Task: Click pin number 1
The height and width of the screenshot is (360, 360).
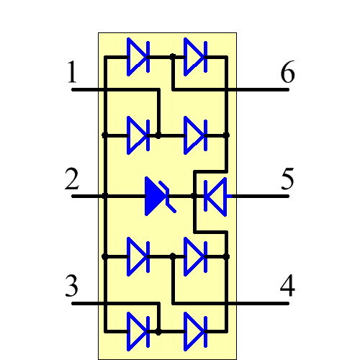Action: coord(72,74)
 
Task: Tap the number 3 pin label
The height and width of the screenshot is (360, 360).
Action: coord(72,287)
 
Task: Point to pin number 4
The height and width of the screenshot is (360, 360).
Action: coord(287,287)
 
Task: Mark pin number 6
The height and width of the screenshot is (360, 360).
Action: coord(287,74)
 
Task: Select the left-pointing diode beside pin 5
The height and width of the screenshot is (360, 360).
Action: coord(214,195)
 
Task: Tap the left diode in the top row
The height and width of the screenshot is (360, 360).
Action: coord(138,55)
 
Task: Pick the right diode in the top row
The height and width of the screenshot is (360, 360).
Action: coord(195,55)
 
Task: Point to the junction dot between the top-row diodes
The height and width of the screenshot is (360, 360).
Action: coord(174,55)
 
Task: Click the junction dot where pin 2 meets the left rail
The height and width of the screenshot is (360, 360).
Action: coord(105,195)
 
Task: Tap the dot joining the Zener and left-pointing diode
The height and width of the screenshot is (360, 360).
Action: coord(193,195)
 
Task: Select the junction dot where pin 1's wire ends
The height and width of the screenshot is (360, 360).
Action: coord(158,135)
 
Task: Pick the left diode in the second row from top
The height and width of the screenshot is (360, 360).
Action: coord(138,135)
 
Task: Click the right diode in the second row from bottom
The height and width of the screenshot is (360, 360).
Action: coord(195,256)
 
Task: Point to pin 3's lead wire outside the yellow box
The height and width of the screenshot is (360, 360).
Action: coord(84,302)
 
